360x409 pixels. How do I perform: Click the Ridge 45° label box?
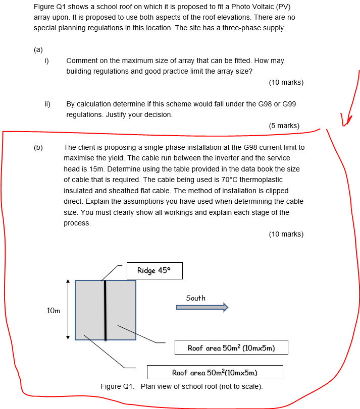coord(154,271)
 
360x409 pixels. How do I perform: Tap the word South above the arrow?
coord(195,298)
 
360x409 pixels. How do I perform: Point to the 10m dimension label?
coord(54,311)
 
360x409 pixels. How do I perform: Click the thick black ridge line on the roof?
coord(105,310)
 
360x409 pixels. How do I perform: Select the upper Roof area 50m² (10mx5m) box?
coord(231,348)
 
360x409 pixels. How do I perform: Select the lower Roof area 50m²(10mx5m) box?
coord(215,373)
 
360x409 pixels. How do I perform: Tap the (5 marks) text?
coord(284,126)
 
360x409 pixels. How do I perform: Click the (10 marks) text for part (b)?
coord(286,234)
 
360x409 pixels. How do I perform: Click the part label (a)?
coord(38,49)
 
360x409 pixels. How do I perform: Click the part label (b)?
coord(38,147)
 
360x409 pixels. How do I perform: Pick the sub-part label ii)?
coord(47,104)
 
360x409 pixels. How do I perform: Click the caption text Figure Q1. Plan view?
coord(182,387)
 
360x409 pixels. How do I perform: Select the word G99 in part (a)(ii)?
coord(289,104)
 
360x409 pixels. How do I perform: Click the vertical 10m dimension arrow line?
coord(68,310)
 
